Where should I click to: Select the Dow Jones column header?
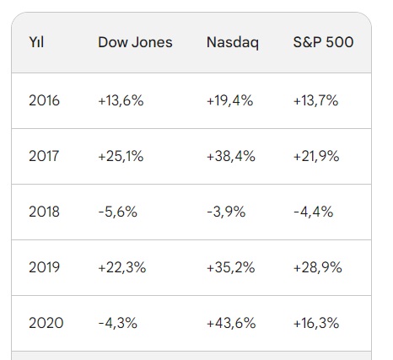(135, 42)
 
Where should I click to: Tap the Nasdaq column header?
(234, 42)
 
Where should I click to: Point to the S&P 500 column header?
(324, 42)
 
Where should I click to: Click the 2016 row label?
(45, 100)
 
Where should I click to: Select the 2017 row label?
(45, 156)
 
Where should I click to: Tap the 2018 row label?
(45, 212)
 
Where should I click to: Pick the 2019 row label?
(45, 267)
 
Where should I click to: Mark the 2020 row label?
(45, 323)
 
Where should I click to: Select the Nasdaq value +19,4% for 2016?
(230, 100)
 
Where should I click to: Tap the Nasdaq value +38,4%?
(231, 156)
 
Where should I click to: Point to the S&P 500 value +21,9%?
(315, 156)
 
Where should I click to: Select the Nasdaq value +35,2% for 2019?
(231, 267)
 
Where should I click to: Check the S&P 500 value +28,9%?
(316, 267)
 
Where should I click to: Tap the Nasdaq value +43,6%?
(231, 323)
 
